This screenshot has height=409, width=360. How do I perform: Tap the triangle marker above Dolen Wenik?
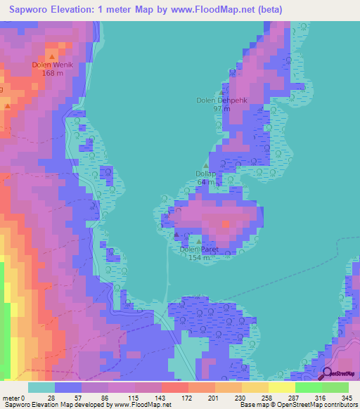click(x=51, y=55)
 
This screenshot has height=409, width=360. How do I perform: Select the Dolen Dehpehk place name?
click(x=222, y=100)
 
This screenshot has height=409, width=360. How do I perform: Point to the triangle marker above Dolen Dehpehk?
click(x=223, y=91)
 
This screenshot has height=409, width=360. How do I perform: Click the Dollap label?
click(x=205, y=174)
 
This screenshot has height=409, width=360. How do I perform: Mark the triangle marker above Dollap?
click(x=205, y=166)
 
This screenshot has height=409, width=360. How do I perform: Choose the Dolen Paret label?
click(x=199, y=249)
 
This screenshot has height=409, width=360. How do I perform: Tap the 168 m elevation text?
click(x=53, y=72)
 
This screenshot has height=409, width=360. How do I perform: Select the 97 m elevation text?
click(x=222, y=109)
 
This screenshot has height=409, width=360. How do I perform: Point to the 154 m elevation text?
click(x=200, y=257)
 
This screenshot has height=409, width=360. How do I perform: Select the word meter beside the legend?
click(x=11, y=398)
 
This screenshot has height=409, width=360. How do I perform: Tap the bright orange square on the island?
click(x=225, y=224)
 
